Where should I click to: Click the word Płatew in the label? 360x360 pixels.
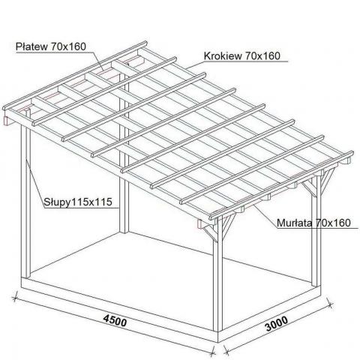point(31,46)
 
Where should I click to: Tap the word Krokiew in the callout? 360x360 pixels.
point(223,56)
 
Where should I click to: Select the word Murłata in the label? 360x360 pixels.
point(295,223)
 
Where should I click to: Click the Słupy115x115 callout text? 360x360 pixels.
point(78,202)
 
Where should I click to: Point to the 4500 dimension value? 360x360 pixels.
point(115,321)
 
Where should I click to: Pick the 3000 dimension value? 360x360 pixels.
point(277,323)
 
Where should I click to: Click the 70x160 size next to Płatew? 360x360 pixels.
point(68,46)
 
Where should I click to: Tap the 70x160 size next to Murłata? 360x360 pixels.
point(333,223)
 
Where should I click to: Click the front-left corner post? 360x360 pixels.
point(25,200)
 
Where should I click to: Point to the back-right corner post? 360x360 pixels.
point(316,231)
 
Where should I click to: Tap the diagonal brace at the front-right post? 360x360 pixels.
point(229,226)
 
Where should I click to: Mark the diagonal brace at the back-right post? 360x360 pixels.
point(328,181)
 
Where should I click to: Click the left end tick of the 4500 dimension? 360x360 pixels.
point(15,298)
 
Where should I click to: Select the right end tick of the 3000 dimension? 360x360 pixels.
point(330,304)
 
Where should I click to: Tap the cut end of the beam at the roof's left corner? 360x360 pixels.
point(7,121)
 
